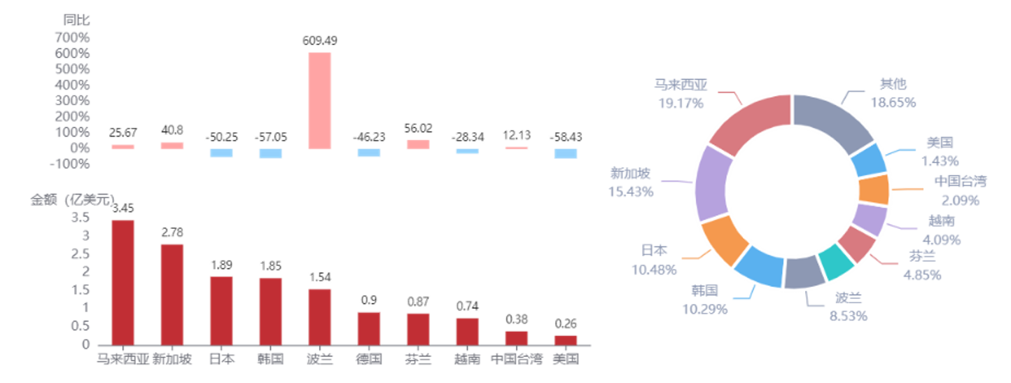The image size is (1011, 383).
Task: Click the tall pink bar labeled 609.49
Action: (319, 101)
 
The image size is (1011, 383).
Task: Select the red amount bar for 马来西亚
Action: (123, 283)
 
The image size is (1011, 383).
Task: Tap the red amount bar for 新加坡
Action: (172, 295)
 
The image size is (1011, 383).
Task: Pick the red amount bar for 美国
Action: (566, 340)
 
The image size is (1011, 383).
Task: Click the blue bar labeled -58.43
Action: (566, 153)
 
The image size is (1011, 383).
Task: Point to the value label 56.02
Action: (418, 129)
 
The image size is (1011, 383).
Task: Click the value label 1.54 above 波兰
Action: (320, 277)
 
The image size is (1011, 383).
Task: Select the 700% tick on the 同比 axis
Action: (72, 37)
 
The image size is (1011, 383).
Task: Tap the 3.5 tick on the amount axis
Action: (81, 218)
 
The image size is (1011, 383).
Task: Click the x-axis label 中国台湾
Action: (517, 359)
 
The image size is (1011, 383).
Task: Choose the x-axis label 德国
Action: (369, 359)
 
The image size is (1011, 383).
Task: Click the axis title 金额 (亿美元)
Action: (72, 200)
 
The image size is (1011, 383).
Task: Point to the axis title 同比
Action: (76, 20)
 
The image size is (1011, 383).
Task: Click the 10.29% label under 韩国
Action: (704, 309)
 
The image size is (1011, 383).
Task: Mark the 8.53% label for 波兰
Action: (848, 316)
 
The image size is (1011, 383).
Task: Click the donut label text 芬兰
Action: (922, 256)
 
